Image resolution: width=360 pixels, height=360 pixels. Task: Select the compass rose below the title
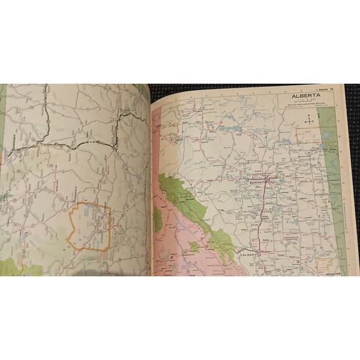point(308,120)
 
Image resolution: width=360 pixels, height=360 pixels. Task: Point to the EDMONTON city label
point(258,184)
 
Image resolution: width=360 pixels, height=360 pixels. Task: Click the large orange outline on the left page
point(91,227)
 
